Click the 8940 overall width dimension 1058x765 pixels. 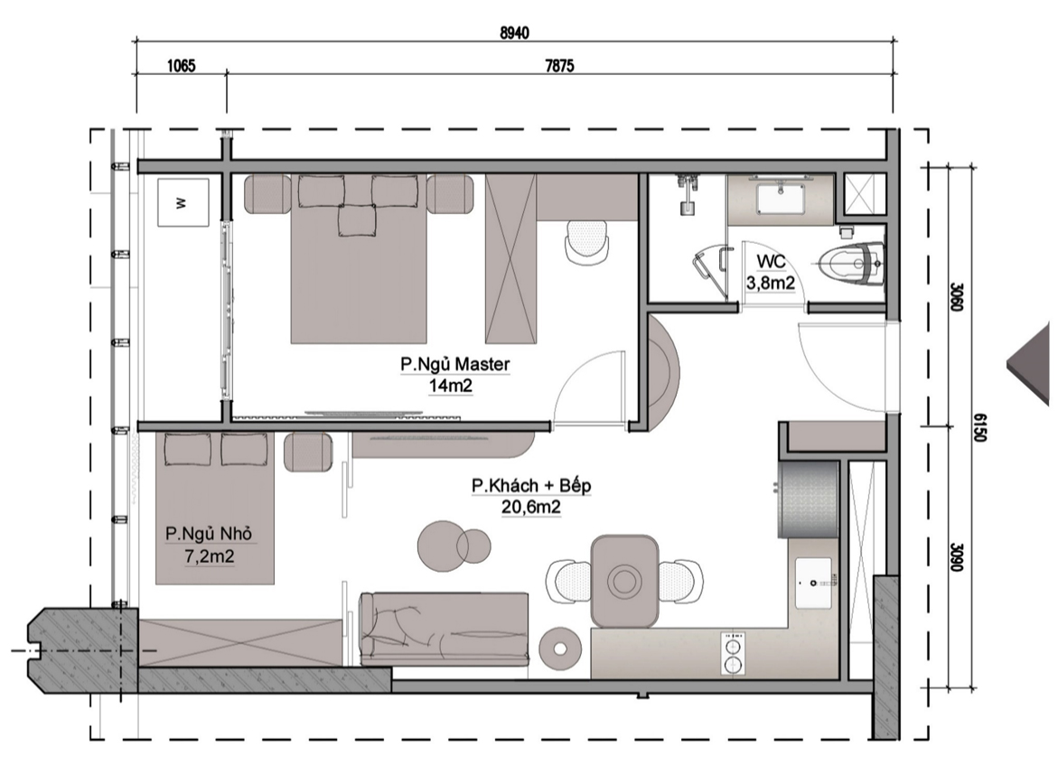(514, 33)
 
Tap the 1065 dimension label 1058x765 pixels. (181, 65)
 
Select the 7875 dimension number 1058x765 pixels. (559, 65)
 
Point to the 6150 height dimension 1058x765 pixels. (979, 428)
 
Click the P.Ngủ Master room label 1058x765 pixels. (454, 364)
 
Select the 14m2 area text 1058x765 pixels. (450, 386)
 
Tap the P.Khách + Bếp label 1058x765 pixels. (531, 486)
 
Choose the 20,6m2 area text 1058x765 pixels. (531, 508)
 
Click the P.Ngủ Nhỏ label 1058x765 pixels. (210, 534)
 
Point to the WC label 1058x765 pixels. (771, 262)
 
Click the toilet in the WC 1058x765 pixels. (851, 264)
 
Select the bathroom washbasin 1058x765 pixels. (782, 198)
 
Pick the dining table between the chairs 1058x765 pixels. (624, 581)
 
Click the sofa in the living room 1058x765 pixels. (444, 629)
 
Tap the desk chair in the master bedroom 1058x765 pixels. (586, 241)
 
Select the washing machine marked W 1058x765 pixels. (183, 202)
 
